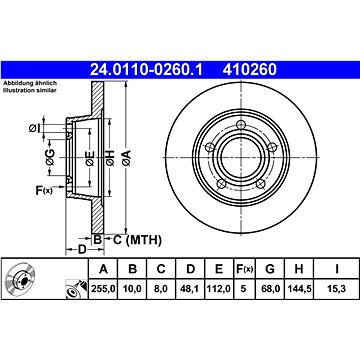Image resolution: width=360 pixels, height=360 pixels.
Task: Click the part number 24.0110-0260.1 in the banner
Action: (146, 70)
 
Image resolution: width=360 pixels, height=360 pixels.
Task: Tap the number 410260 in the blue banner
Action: (250, 70)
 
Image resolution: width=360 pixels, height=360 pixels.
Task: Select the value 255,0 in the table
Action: (103, 289)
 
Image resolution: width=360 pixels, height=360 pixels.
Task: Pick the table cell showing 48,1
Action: (190, 289)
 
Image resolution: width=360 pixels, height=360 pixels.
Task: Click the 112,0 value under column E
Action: (219, 289)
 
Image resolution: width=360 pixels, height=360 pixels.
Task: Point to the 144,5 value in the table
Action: (299, 289)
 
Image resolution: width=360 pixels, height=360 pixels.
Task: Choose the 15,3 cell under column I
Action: (337, 289)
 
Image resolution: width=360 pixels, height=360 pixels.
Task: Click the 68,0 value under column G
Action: (270, 289)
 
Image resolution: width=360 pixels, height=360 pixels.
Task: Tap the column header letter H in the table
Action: (299, 269)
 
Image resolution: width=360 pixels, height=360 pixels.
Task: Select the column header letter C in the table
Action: (161, 269)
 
